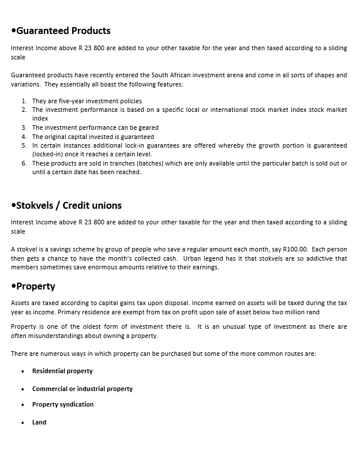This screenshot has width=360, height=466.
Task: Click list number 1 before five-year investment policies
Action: tap(24, 101)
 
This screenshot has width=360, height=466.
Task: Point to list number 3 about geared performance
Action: tap(24, 127)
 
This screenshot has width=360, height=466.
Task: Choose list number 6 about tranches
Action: tap(24, 163)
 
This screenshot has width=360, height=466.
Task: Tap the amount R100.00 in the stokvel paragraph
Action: tap(296, 249)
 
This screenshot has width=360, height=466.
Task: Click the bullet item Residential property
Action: tap(62, 371)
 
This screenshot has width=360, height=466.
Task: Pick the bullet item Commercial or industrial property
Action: tap(82, 389)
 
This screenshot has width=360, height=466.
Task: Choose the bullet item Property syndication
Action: tap(63, 404)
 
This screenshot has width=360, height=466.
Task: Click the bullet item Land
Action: tap(39, 422)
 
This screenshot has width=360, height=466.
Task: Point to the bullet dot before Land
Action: tap(22, 423)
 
